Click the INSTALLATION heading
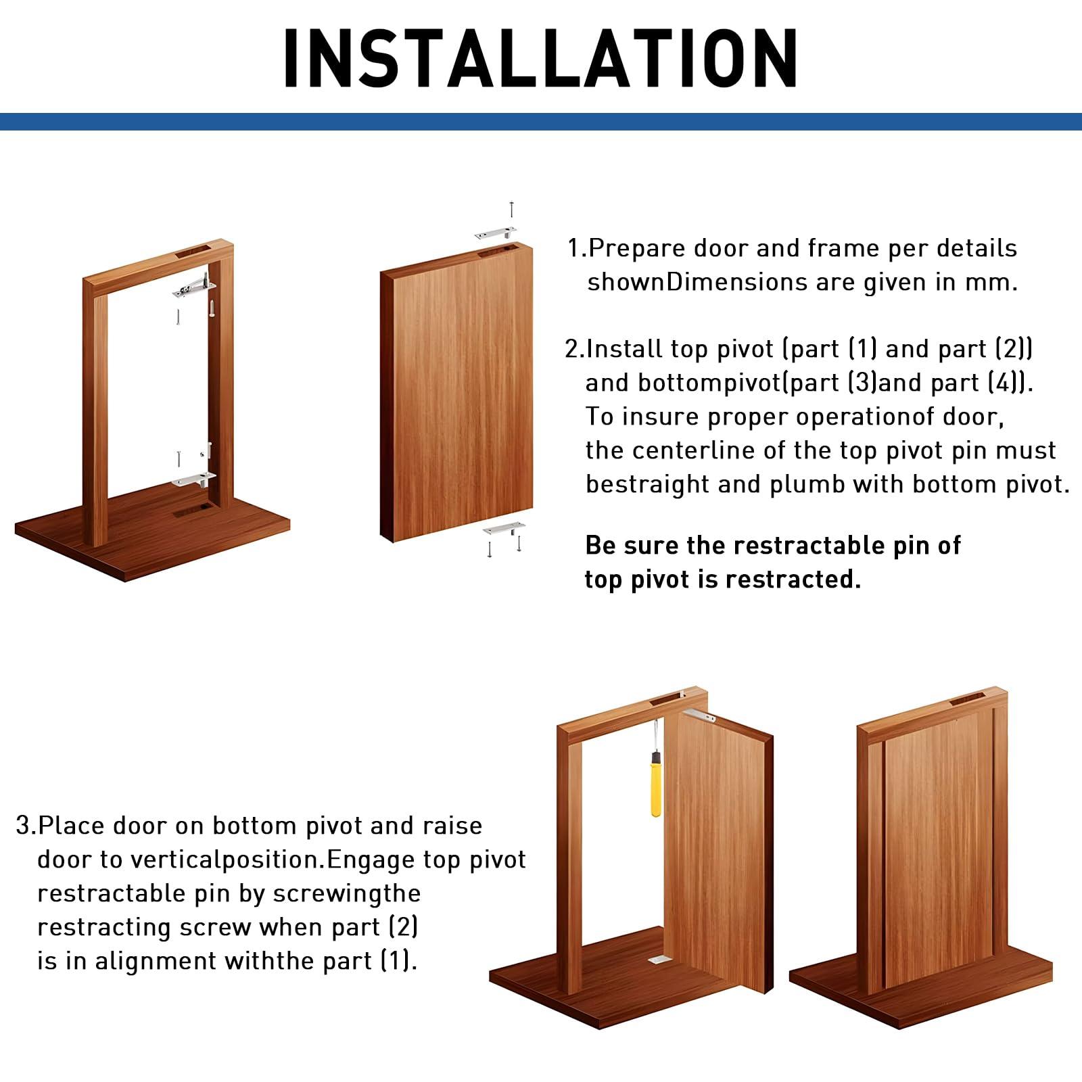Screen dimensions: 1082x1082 (x=540, y=59)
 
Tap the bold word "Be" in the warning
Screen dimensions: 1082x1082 (x=599, y=546)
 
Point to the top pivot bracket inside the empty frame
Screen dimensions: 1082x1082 (x=194, y=287)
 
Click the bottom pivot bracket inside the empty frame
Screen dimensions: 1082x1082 (x=193, y=479)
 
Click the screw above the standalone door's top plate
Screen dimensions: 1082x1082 (x=512, y=209)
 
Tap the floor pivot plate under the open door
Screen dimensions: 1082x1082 (x=657, y=960)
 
